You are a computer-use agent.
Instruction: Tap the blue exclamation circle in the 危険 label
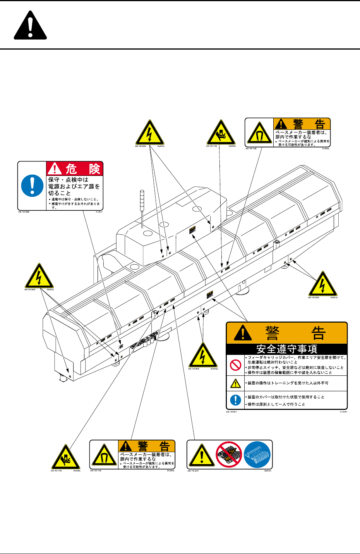32,185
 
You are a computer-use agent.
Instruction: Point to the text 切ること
60,193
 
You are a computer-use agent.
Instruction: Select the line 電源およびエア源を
74,186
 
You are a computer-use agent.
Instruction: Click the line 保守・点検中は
68,180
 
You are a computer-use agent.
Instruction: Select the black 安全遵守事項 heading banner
286,349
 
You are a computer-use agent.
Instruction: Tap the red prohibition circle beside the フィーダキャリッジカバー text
235,365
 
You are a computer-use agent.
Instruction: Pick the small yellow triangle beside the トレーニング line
235,384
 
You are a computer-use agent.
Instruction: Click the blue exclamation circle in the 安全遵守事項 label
235,400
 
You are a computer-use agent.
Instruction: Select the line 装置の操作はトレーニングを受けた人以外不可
288,383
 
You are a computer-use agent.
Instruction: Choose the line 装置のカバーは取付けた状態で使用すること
286,397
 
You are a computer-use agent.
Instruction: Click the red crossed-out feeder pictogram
229,454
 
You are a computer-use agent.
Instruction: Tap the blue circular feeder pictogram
257,454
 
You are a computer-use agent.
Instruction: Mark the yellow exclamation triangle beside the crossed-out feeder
201,456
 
